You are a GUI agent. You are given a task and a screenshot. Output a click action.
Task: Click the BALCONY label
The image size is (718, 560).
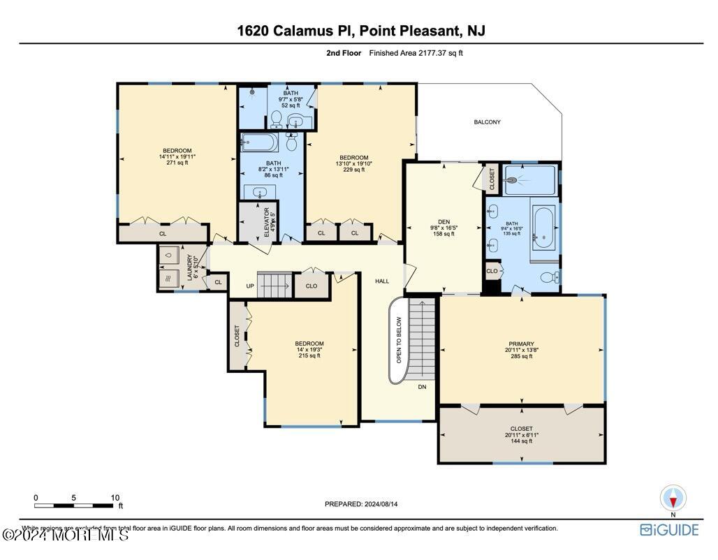tap(487, 122)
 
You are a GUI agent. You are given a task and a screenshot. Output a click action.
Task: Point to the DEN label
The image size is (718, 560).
tap(444, 222)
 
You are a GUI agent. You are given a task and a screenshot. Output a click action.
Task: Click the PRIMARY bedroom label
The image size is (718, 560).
tap(521, 344)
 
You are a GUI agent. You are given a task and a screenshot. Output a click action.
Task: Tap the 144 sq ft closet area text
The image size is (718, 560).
tap(521, 441)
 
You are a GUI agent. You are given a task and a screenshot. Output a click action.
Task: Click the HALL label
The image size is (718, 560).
tap(382, 281)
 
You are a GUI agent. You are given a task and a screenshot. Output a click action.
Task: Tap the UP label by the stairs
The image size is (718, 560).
tap(250, 286)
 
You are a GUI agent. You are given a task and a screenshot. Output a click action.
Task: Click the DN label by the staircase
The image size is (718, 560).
tap(422, 386)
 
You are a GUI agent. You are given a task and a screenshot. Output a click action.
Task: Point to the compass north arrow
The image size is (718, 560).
tap(673, 499)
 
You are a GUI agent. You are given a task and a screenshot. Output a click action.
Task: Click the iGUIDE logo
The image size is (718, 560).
tap(669, 529)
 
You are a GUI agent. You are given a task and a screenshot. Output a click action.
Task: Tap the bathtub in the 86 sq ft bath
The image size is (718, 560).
tap(259, 143)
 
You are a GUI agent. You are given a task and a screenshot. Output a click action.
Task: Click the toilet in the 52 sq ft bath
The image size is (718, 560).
tap(277, 119)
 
